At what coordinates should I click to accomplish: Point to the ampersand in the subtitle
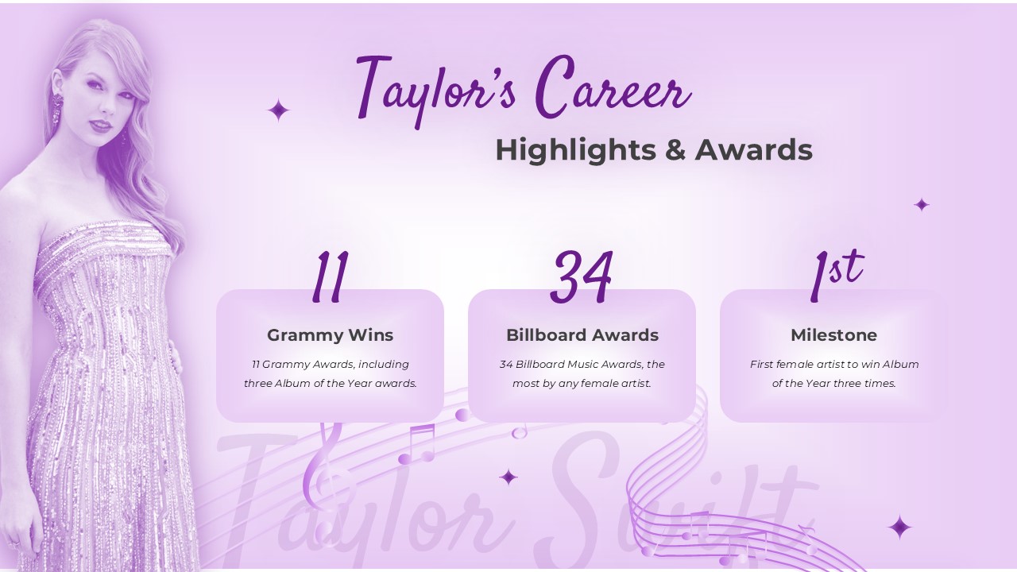point(675,151)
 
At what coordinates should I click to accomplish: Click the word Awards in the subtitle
point(753,150)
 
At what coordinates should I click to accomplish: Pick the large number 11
point(330,276)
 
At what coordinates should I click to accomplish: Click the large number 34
point(582,276)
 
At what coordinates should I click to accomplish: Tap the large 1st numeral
point(835,274)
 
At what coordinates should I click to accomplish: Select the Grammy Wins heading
point(330,335)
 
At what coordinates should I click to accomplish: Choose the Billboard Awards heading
point(582,335)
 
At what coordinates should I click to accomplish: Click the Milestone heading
point(833,335)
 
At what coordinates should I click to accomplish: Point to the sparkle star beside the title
point(278,110)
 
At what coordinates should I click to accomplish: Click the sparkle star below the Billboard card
point(508,477)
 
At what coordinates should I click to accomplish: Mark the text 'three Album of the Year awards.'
point(330,383)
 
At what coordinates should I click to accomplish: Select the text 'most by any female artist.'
point(582,383)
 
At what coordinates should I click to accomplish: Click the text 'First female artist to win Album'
point(834,365)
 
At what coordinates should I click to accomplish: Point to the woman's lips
point(100,125)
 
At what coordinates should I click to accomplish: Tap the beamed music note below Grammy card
point(418,445)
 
